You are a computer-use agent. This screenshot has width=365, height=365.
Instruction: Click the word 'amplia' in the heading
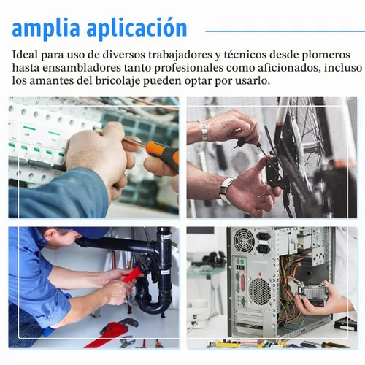46,28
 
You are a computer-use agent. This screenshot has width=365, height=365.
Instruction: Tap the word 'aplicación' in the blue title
137,28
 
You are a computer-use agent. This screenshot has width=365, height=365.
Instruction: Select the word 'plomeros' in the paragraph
326,55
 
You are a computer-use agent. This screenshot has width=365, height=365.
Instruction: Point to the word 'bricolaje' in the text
118,81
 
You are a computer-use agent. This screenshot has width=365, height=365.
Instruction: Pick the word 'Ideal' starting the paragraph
25,55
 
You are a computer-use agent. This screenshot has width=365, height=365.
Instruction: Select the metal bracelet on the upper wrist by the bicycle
204,131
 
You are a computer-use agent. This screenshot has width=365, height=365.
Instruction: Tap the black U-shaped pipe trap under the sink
153,302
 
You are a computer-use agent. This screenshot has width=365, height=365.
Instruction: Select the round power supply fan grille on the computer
244,241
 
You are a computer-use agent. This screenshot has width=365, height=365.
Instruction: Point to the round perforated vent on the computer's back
260,291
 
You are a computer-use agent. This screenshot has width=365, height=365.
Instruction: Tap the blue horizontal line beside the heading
285,31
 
